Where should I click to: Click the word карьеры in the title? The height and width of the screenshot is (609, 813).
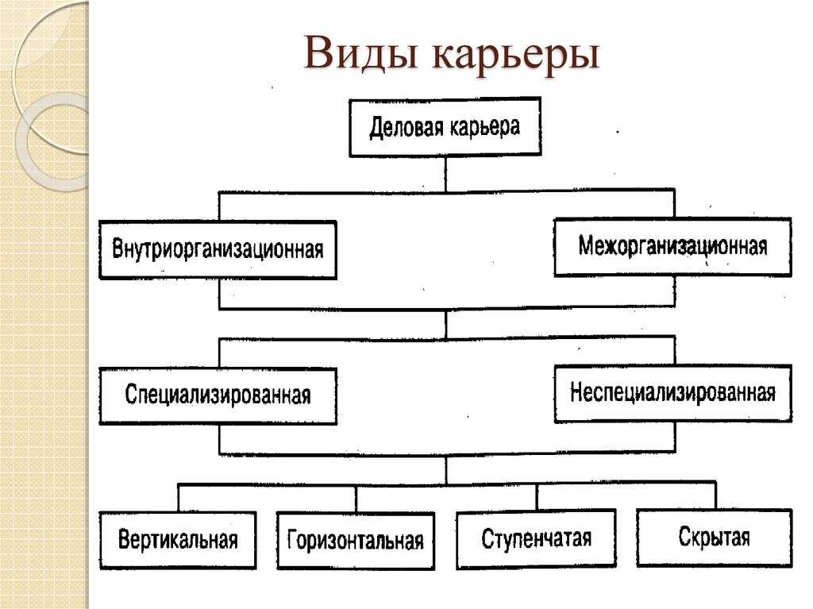tap(516, 55)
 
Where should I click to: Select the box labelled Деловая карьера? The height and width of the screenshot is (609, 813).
tap(445, 127)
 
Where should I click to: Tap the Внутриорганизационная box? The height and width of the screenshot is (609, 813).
tap(218, 250)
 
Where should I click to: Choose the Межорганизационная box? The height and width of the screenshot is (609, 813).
tap(672, 246)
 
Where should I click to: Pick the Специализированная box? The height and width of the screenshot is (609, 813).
tap(218, 396)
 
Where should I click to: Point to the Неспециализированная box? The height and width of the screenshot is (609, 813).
tap(673, 393)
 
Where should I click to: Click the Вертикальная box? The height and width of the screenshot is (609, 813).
tap(178, 540)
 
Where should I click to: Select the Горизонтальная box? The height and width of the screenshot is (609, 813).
tap(356, 541)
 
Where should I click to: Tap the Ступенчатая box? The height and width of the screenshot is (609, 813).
tap(536, 538)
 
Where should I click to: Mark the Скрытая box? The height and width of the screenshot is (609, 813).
tap(715, 538)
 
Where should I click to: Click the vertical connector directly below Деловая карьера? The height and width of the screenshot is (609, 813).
tap(445, 175)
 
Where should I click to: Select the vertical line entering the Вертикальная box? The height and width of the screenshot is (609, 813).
tap(178, 498)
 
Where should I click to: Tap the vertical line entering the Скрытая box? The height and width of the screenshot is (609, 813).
tap(715, 496)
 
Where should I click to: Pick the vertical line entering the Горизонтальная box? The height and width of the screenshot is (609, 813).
tap(356, 499)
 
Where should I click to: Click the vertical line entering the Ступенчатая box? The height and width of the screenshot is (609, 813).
tap(537, 497)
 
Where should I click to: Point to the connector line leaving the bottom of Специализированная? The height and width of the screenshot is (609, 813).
tap(219, 439)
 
